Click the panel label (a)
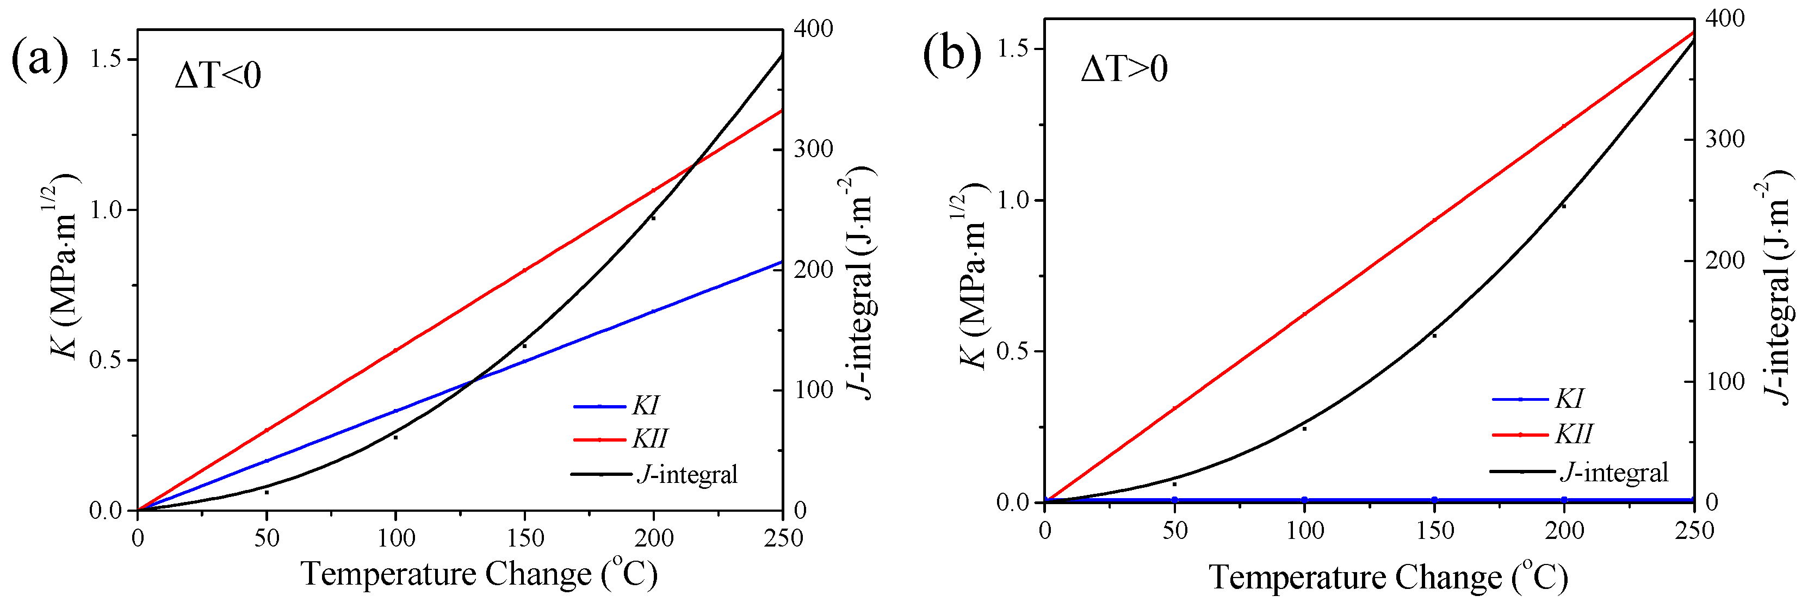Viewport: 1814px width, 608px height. coord(40,59)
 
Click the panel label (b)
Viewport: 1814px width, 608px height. coord(951,53)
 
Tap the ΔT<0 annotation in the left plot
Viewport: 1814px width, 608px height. coord(218,75)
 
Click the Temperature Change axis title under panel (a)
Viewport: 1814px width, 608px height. coord(479,574)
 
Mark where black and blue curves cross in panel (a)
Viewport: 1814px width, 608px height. coord(473,381)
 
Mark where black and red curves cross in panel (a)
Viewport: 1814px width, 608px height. coord(695,164)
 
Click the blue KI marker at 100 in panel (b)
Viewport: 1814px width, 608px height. coord(1304,500)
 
